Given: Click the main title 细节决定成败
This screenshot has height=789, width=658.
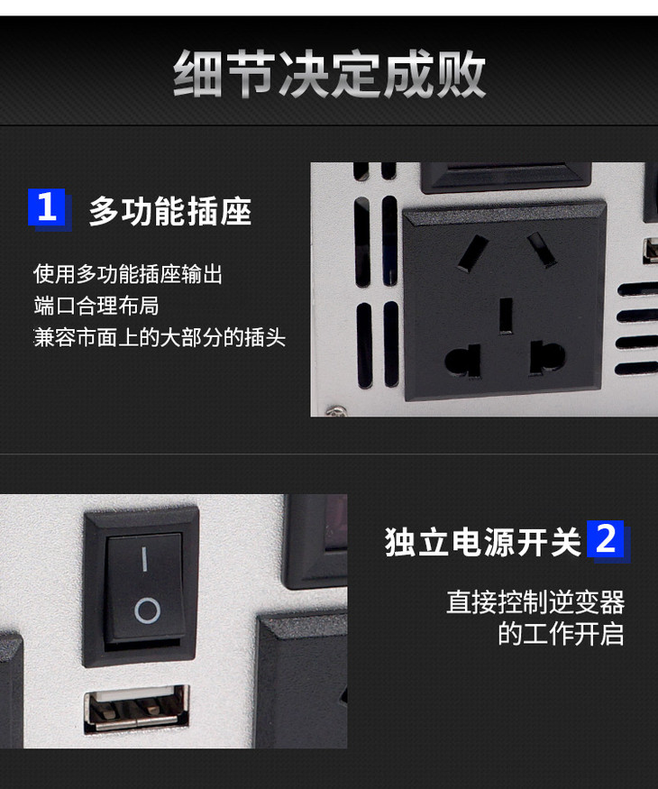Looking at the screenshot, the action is tap(330, 74).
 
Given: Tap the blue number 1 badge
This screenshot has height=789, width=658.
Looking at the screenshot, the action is tap(47, 207).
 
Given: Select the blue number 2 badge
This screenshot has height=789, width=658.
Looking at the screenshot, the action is tap(606, 539).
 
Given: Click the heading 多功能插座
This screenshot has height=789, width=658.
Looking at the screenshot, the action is tap(170, 211).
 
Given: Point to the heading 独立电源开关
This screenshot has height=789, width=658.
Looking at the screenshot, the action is tap(483, 542).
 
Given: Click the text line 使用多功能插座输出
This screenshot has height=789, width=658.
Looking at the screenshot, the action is tap(128, 274).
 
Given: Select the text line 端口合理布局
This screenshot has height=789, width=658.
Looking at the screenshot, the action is tap(96, 306).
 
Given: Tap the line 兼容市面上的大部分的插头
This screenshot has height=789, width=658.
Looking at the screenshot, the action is tap(160, 337).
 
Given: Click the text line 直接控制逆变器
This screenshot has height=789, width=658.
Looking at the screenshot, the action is tap(535, 601).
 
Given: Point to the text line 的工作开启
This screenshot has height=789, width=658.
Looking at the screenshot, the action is tap(561, 634).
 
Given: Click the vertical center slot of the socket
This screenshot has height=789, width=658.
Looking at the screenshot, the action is tap(506, 316).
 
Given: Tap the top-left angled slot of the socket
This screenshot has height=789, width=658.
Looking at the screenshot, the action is tap(473, 253).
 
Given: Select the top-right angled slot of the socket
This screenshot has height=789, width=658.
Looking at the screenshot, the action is tap(542, 249).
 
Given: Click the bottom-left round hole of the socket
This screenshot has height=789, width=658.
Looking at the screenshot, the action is tap(462, 361).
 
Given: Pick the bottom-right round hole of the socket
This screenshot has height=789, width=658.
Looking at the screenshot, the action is tap(547, 358).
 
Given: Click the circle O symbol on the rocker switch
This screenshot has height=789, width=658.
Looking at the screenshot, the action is tap(148, 610).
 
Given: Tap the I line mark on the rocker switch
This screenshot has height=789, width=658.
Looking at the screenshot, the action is tap(144, 558).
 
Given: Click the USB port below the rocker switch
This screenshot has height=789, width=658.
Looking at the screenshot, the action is tap(136, 709).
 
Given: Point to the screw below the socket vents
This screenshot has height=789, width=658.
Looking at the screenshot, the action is tap(336, 411).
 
